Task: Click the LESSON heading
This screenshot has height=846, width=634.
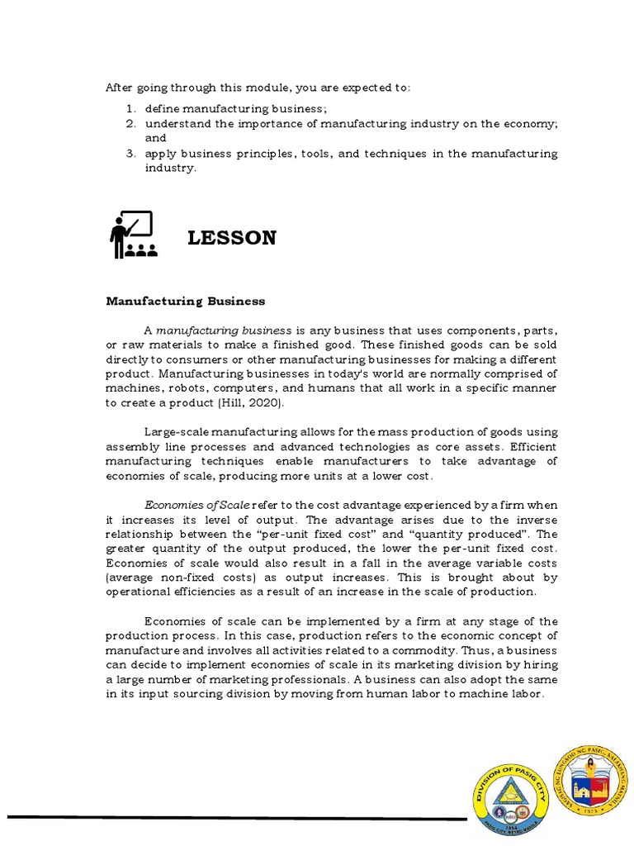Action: [232, 238]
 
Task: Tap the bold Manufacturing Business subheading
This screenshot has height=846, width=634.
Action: [186, 301]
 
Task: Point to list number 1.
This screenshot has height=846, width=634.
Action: [130, 109]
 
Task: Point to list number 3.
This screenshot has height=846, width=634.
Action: [130, 154]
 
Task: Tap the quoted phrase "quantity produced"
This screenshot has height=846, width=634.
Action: [464, 535]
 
